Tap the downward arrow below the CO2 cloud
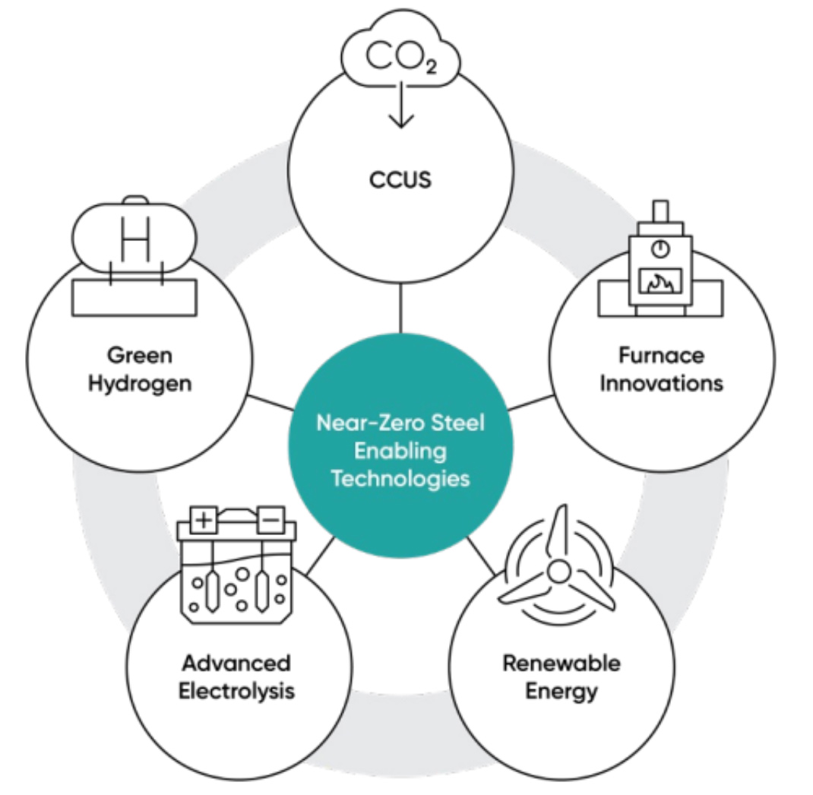400,110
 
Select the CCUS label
400,182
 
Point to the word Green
139,355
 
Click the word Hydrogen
139,382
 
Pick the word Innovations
661,382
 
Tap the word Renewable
561,664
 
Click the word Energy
561,692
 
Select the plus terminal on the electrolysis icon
203,521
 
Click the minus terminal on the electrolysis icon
268,521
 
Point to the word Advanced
236,664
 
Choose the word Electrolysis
236,692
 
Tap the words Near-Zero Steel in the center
400,423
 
